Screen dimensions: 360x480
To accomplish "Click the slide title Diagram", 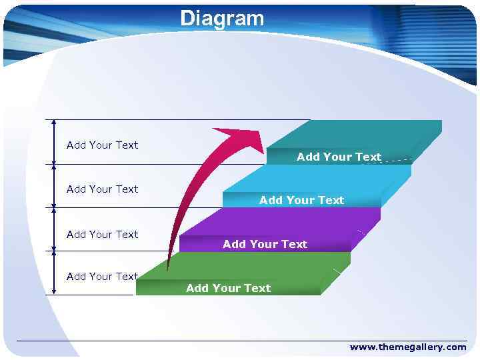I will (222, 19).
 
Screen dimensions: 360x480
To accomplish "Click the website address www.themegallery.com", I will (407, 347).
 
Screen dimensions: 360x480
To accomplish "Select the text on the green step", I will (228, 288).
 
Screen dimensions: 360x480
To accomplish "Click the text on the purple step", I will (265, 244).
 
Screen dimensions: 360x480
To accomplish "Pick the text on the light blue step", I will (301, 200).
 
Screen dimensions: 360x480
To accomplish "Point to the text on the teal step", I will (339, 157).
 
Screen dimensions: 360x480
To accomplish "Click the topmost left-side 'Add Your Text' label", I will (102, 145).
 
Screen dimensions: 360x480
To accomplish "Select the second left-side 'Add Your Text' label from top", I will (102, 189).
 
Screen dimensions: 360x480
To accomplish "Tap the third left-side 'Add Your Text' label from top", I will (102, 235).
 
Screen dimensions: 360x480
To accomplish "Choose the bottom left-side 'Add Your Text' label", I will (102, 277).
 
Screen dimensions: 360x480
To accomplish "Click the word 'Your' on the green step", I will (227, 288).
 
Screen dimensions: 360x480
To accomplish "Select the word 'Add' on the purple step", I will (235, 244).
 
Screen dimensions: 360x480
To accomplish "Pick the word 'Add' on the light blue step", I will (271, 200).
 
